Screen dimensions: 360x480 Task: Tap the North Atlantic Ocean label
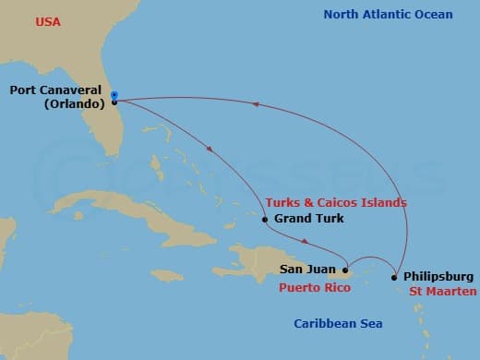388,14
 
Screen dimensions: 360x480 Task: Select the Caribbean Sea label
338,323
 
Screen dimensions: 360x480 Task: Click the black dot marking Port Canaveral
114,102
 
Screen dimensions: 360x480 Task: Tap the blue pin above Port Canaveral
114,94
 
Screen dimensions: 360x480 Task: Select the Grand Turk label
309,219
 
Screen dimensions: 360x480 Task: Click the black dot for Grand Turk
265,220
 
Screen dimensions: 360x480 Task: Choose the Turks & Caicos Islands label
335,202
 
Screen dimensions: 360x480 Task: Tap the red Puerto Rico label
316,287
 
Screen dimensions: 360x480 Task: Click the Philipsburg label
439,276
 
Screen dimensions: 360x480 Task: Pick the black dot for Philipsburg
395,277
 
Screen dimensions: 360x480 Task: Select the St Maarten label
444,292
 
